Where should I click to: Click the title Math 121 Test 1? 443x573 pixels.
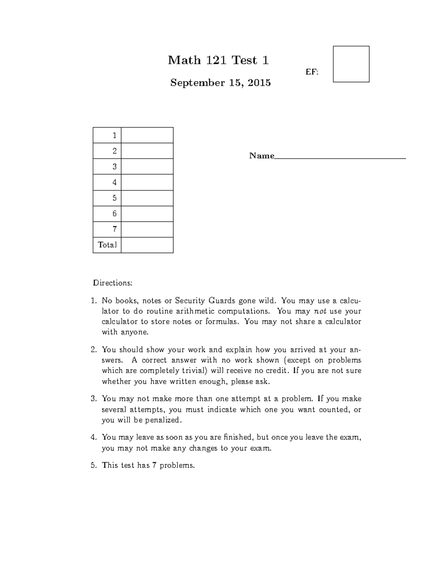pyautogui.click(x=218, y=60)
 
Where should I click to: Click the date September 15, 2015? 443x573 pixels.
pyautogui.click(x=220, y=83)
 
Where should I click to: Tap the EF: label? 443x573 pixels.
pyautogui.click(x=312, y=72)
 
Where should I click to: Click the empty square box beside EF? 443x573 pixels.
pyautogui.click(x=351, y=64)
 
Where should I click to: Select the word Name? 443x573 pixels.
pyautogui.click(x=261, y=156)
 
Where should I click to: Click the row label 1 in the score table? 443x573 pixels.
pyautogui.click(x=114, y=135)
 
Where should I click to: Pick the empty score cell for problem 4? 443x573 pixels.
pyautogui.click(x=147, y=182)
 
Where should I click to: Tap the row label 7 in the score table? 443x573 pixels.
pyautogui.click(x=114, y=229)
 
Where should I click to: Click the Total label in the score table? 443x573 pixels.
pyautogui.click(x=107, y=245)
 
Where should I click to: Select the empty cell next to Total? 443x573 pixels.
pyautogui.click(x=147, y=245)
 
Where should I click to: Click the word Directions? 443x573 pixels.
pyautogui.click(x=112, y=283)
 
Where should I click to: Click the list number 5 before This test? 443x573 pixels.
pyautogui.click(x=93, y=465)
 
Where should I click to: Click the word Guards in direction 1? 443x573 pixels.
pyautogui.click(x=222, y=300)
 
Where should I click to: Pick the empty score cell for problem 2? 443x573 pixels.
pyautogui.click(x=147, y=151)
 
